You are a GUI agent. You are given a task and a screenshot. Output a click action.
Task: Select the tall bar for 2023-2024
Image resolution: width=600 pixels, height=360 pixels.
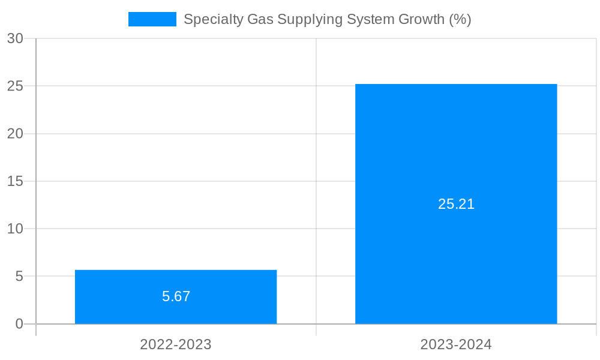click(x=456, y=150)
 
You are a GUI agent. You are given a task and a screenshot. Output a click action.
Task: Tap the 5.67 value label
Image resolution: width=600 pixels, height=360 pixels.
click(x=176, y=296)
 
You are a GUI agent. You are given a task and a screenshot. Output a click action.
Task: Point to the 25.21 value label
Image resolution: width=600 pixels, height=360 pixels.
click(x=456, y=204)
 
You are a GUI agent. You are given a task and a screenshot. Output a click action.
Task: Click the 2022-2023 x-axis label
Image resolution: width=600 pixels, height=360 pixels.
click(x=176, y=344)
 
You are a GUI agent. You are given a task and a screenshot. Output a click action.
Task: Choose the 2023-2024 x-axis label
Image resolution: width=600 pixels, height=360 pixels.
click(x=456, y=344)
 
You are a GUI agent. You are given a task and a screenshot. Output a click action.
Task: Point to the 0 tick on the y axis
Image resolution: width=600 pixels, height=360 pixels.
click(x=19, y=324)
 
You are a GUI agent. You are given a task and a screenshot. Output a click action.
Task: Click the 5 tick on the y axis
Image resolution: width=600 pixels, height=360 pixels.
click(x=19, y=277)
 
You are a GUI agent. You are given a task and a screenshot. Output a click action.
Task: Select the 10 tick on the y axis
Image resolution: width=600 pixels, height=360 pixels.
click(x=15, y=229)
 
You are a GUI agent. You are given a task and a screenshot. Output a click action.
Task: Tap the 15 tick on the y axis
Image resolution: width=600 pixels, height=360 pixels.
click(x=15, y=181)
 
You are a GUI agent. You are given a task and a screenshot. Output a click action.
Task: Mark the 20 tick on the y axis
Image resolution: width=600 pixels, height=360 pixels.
click(x=15, y=134)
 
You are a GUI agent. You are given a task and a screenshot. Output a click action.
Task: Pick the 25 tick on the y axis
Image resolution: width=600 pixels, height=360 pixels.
click(x=15, y=86)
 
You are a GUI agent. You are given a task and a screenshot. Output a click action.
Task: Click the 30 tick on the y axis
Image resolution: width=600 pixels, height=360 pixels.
click(x=15, y=38)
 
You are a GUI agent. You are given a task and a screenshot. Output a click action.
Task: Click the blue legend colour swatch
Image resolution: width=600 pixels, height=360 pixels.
click(x=152, y=19)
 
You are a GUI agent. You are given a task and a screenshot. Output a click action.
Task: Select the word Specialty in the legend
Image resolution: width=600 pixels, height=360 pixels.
click(x=208, y=19)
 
